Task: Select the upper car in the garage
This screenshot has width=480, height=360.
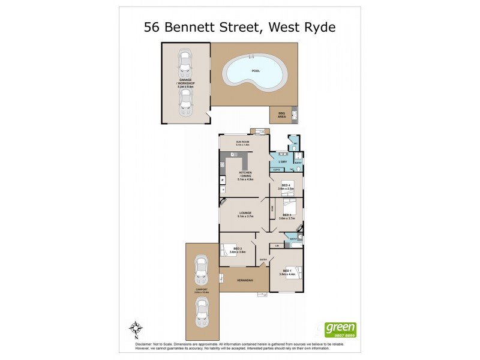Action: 186,61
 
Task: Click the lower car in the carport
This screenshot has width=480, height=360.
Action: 202,310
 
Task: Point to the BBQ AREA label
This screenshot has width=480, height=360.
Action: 281,114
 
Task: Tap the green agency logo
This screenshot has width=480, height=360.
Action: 340,329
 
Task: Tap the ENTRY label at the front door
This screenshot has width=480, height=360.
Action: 262,260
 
